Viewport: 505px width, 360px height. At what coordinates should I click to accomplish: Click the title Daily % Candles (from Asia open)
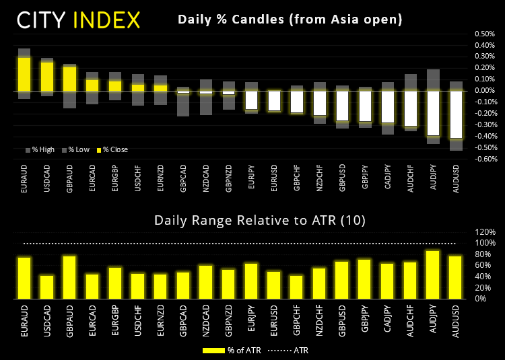pos(290,20)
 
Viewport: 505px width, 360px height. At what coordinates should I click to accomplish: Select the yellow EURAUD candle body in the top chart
pos(24,73)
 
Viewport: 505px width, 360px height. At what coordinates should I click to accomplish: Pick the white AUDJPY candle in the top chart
pos(434,113)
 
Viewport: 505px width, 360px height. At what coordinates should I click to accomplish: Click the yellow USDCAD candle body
pos(47,76)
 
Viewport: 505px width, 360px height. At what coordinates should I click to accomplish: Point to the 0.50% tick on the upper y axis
pos(484,34)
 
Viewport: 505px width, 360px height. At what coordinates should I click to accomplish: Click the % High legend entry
pos(40,149)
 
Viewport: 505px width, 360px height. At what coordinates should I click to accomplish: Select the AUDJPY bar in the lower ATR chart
pos(434,275)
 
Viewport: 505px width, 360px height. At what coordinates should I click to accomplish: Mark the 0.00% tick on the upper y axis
pos(484,91)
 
